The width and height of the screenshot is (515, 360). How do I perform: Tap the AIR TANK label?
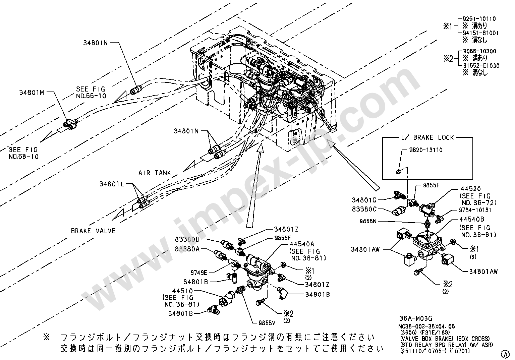coord(155,173)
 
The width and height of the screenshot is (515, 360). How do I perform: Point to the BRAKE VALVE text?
coord(93,231)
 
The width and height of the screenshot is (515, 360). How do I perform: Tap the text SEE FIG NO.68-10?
coord(24,153)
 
